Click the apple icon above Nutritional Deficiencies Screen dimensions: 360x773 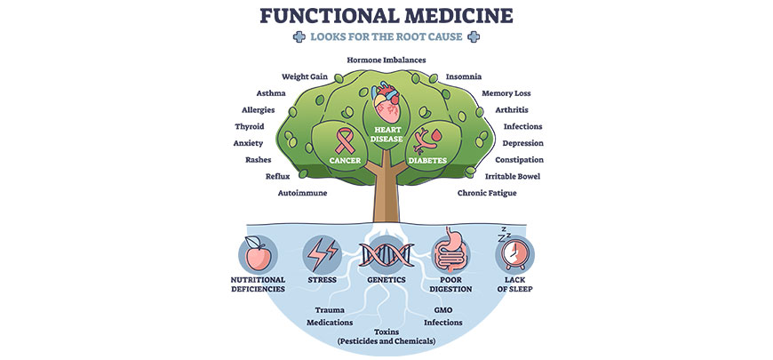257,254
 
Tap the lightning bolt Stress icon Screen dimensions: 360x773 321,254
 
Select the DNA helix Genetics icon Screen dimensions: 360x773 386,254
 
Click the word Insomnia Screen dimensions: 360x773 465,76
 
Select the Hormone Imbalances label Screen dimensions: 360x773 386,60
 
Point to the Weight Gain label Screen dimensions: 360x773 306,76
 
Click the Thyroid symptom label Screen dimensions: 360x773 249,126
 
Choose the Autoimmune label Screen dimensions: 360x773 303,192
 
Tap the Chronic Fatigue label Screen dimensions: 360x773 486,192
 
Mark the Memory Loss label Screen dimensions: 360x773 506,93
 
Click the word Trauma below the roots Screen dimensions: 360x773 331,310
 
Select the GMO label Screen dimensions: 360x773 443,310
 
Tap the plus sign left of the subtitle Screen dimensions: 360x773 298,36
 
